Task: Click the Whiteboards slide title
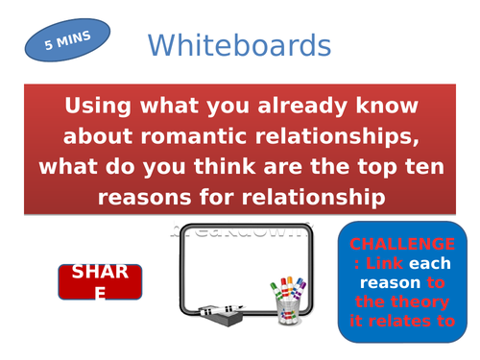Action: [x=239, y=45]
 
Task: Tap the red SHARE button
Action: [x=100, y=281]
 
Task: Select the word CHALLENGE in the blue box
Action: [x=402, y=244]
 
